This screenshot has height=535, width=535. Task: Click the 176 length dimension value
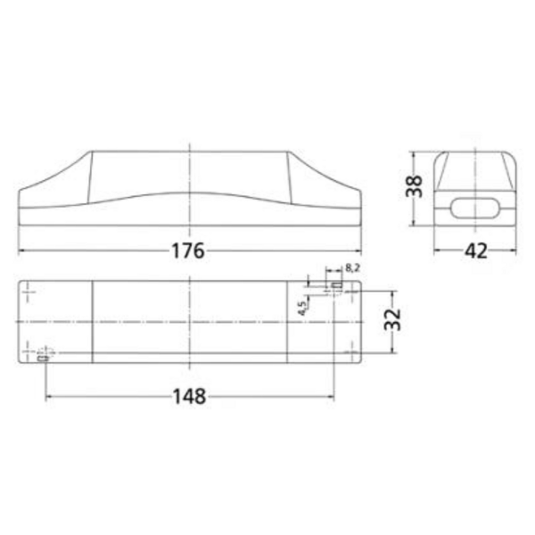187,251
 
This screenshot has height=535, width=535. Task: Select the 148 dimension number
189,397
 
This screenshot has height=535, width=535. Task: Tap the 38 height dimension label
414,186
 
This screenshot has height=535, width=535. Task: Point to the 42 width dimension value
476,251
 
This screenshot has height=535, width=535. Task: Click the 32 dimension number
392,319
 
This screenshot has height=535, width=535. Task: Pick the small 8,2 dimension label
352,267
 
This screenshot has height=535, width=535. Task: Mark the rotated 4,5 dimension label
302,308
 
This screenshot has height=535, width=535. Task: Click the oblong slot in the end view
475,207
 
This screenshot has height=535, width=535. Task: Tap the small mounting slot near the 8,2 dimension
338,284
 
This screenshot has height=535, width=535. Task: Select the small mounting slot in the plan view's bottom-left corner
43,358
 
